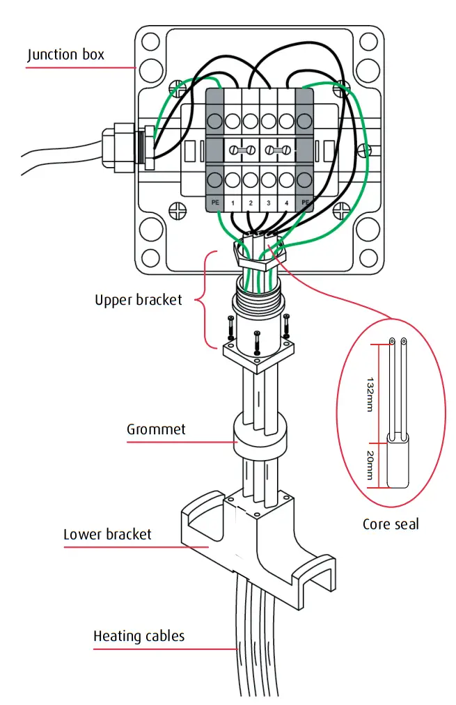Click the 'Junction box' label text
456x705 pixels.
coord(65,54)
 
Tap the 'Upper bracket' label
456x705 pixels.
coord(138,300)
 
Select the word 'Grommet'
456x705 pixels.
coord(156,429)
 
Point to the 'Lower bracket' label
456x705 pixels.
coord(107,534)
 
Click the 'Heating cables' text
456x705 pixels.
coord(139,635)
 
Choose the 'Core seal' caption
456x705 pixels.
coord(391,523)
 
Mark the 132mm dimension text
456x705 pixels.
coord(369,395)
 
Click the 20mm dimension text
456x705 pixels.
coord(369,466)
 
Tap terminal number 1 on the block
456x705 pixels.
coord(233,203)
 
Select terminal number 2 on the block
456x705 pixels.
coord(251,203)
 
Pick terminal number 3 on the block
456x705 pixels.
coord(269,203)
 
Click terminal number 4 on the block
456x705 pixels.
coord(286,203)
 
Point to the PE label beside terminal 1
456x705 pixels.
coord(214,203)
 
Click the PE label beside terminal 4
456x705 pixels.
coord(304,203)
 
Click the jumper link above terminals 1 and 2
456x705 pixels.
coord(242,150)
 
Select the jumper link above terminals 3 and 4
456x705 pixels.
coord(278,150)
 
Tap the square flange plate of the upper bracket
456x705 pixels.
coord(258,355)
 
